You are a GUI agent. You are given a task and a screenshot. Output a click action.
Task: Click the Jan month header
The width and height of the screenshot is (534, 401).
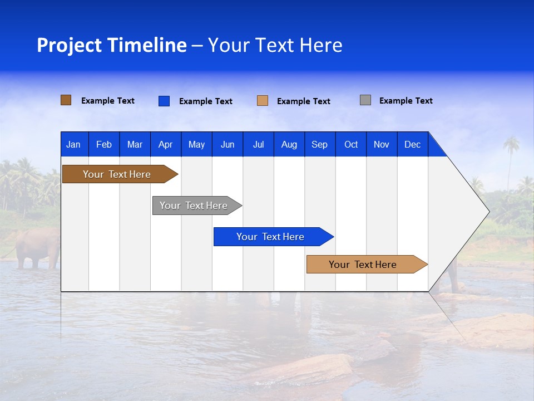point(73,144)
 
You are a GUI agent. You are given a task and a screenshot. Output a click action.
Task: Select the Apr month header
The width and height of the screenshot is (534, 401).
point(165,144)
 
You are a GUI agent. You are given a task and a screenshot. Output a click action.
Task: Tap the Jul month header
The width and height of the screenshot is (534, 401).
point(258,144)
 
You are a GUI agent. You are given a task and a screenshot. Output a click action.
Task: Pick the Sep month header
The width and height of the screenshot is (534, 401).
point(319,144)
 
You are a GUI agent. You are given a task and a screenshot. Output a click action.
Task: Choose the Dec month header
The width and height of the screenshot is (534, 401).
point(412,144)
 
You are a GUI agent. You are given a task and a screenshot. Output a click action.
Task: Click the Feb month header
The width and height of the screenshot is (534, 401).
point(104,144)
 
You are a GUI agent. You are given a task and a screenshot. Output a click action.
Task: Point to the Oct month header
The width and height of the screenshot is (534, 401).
point(351,144)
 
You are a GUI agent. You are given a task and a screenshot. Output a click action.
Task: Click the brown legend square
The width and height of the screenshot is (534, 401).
point(66,100)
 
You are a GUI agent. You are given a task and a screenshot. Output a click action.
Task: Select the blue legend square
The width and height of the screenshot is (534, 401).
point(164,101)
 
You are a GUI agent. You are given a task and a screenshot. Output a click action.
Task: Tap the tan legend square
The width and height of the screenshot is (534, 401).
point(263,101)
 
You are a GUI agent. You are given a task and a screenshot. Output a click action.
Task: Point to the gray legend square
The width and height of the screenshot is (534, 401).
point(365,100)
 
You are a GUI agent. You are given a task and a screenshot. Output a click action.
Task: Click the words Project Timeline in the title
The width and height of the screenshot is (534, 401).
point(111,45)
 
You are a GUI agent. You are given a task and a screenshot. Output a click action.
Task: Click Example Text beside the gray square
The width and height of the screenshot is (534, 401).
point(406,101)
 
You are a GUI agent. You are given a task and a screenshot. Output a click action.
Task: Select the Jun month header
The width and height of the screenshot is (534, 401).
point(228,144)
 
